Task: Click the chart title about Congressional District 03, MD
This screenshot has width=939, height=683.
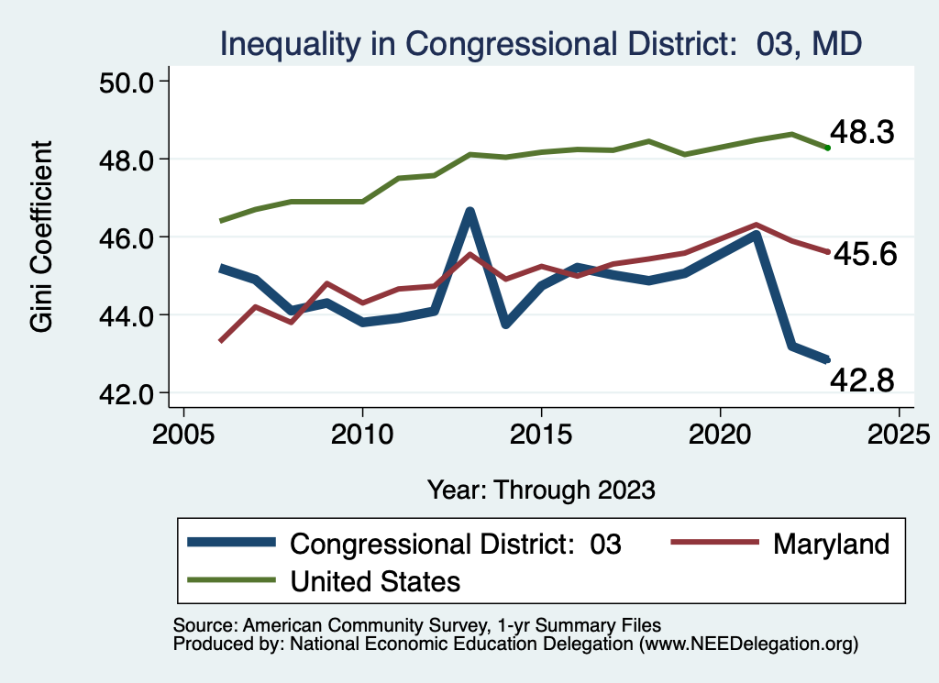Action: tap(540, 44)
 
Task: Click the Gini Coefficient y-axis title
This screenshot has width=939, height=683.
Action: tap(42, 237)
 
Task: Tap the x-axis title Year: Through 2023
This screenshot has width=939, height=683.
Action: tap(541, 490)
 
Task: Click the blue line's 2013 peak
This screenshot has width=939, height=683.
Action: tap(469, 213)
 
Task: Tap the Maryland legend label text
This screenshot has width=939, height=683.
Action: tap(831, 544)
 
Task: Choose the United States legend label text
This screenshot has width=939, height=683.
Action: tap(375, 580)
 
